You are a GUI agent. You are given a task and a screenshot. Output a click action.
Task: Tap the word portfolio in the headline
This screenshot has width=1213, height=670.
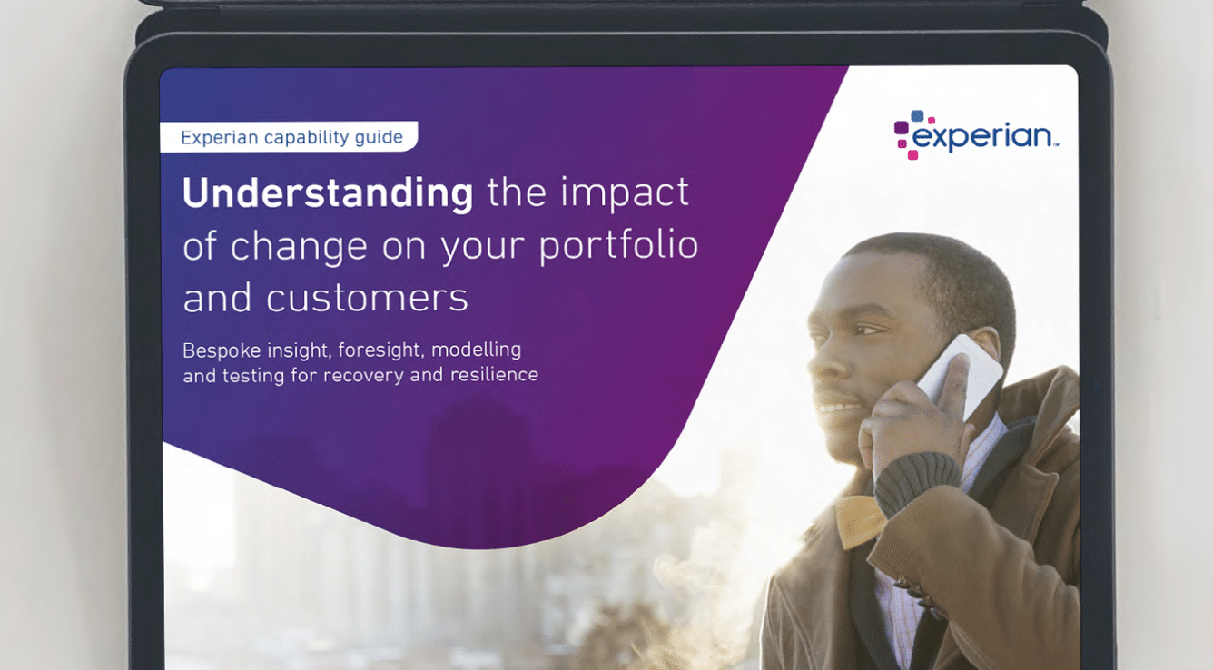pos(618,246)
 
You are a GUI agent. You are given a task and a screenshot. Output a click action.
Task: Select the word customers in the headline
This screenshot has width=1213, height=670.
pos(367,298)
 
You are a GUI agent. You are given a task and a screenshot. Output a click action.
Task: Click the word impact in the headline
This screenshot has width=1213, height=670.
pos(624,193)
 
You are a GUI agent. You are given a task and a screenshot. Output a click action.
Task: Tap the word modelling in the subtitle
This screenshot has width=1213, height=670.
pos(477,350)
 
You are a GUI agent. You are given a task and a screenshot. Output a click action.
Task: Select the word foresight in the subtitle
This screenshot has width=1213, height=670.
pos(380,350)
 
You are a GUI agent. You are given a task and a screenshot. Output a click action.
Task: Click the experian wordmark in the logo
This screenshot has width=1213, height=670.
pos(983,136)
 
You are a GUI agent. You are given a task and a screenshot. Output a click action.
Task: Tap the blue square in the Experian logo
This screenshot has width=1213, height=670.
pos(917,116)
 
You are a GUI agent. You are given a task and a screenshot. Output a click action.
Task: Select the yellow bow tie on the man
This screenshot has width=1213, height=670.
pos(860,520)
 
